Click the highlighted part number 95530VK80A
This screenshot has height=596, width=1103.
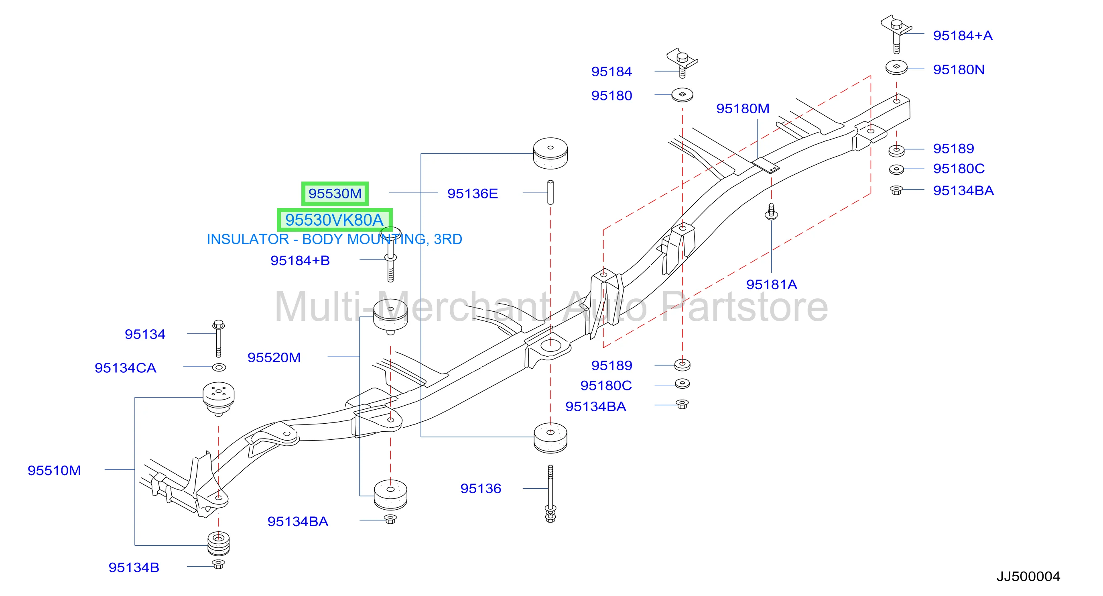pyautogui.click(x=334, y=220)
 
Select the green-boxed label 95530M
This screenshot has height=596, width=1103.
pyautogui.click(x=335, y=193)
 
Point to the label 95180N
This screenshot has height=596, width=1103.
pyautogui.click(x=959, y=69)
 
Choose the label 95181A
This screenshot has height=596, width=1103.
pyautogui.click(x=772, y=284)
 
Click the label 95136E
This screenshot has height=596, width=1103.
pyautogui.click(x=473, y=193)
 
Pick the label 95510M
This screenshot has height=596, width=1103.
pyautogui.click(x=55, y=470)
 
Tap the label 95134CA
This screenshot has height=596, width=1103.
pyautogui.click(x=126, y=367)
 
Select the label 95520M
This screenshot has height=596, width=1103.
pyautogui.click(x=274, y=357)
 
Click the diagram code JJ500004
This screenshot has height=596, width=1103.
pyautogui.click(x=1028, y=576)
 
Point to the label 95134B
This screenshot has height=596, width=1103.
pyautogui.click(x=134, y=567)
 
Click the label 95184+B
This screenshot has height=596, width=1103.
pyautogui.click(x=300, y=260)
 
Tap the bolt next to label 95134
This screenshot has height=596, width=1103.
pyautogui.click(x=218, y=338)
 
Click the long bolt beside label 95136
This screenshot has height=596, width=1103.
pyautogui.click(x=550, y=493)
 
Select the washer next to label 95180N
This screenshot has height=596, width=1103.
pyautogui.click(x=897, y=68)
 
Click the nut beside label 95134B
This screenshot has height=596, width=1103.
pyautogui.click(x=218, y=564)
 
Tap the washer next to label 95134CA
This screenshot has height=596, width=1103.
pyautogui.click(x=219, y=367)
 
